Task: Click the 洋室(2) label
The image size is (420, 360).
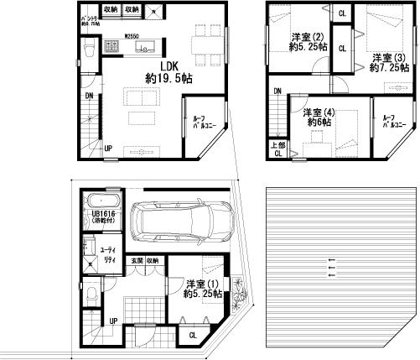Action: click(307, 37)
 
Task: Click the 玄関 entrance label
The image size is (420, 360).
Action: click(135, 261)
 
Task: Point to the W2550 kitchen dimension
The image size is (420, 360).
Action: click(131, 37)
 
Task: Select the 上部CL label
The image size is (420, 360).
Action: click(277, 149)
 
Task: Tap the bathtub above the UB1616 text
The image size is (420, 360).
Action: click(102, 201)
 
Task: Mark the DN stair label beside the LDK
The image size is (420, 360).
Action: click(88, 97)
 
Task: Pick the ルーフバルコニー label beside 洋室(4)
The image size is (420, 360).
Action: click(390, 124)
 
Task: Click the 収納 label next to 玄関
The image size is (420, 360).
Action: click(153, 261)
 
